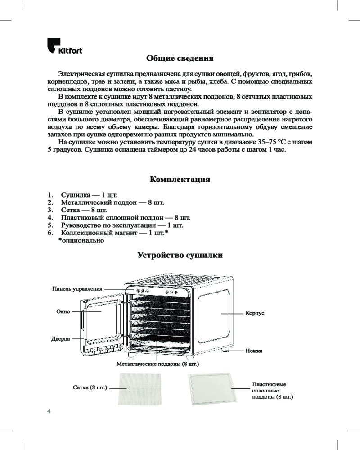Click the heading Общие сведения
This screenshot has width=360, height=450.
click(x=180, y=58)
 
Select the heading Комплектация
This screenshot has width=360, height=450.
click(x=180, y=180)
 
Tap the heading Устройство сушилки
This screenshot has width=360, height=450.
click(x=180, y=256)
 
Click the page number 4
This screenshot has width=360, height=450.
click(x=49, y=411)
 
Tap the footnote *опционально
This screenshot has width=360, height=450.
click(x=81, y=241)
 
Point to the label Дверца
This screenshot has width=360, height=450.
click(x=60, y=338)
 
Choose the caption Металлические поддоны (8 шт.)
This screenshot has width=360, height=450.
click(x=157, y=363)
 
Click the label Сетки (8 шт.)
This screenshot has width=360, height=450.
click(x=89, y=387)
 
